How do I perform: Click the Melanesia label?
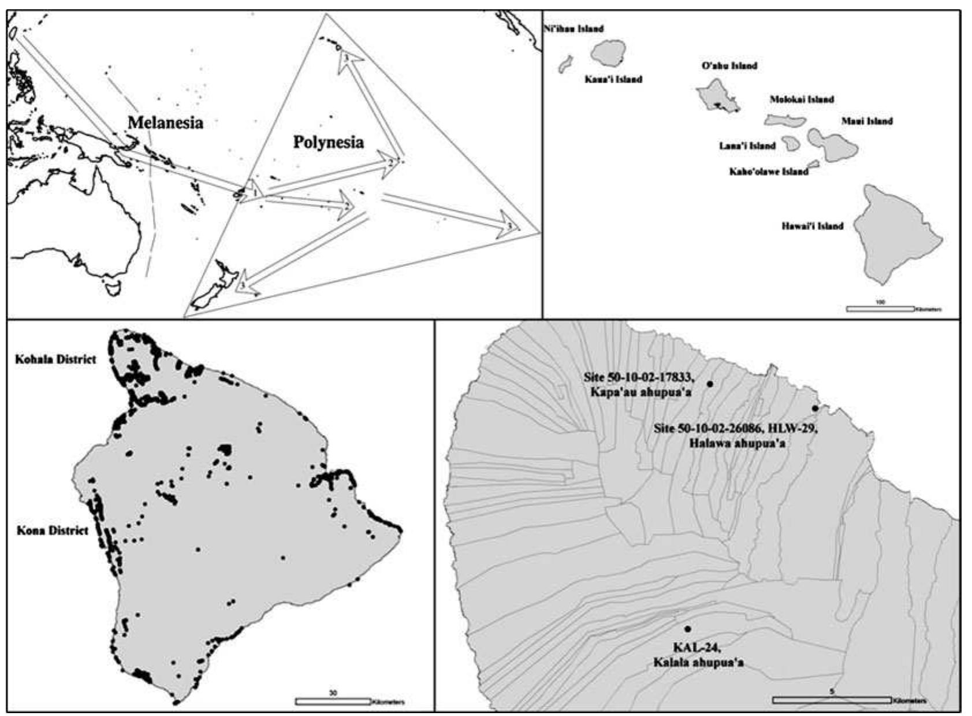(165, 123)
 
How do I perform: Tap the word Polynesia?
(329, 142)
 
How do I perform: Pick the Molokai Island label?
(802, 99)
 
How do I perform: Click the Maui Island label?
(867, 121)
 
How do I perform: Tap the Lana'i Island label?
(747, 146)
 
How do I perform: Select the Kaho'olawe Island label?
(769, 172)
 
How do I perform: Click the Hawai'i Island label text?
(812, 226)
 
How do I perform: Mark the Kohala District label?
(55, 359)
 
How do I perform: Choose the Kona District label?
(53, 530)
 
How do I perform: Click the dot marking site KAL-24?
(687, 629)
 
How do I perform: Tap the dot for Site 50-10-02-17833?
(710, 384)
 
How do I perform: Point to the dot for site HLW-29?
(815, 409)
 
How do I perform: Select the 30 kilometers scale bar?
(332, 702)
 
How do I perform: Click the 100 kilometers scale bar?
(880, 309)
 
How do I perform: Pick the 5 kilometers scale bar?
(832, 700)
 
